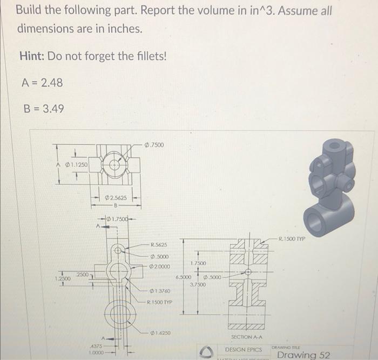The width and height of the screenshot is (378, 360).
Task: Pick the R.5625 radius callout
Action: (159, 244)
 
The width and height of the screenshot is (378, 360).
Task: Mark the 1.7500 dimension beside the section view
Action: (198, 263)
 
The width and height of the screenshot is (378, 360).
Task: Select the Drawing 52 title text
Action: (303, 355)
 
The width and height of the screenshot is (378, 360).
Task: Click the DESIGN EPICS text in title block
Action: (243, 350)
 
